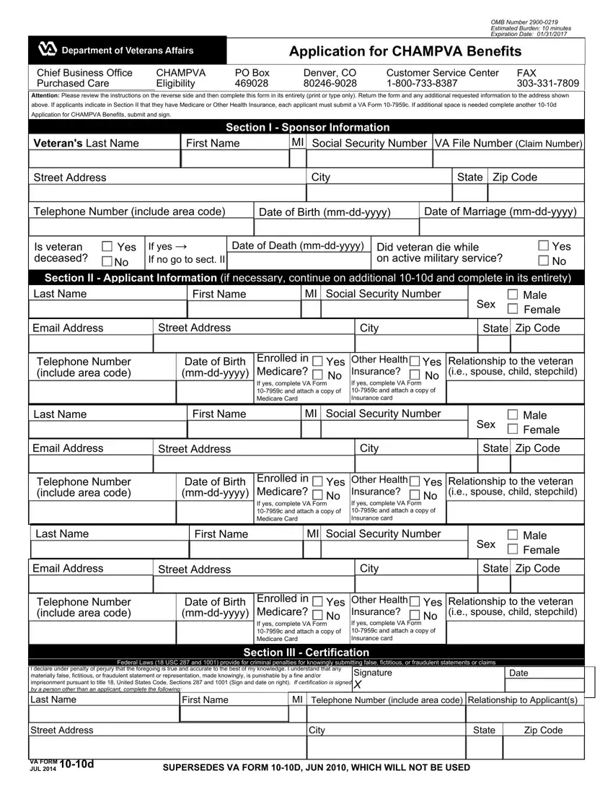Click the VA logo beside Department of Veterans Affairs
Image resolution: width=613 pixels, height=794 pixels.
47,50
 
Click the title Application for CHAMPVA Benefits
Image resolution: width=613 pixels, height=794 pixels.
405,51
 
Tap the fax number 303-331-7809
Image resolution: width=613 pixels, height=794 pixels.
547,84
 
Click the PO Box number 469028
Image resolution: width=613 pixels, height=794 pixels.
252,84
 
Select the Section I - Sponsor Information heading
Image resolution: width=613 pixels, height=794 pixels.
307,127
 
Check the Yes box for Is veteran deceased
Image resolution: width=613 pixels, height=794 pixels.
107,247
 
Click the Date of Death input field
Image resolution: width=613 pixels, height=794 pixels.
297,261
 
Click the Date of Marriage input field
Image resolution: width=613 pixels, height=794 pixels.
502,227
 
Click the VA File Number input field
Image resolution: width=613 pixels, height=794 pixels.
508,160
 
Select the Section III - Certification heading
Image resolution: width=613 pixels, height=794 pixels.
306,653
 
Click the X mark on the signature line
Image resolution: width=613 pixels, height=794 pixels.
358,685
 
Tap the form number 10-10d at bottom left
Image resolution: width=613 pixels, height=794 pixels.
77,765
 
